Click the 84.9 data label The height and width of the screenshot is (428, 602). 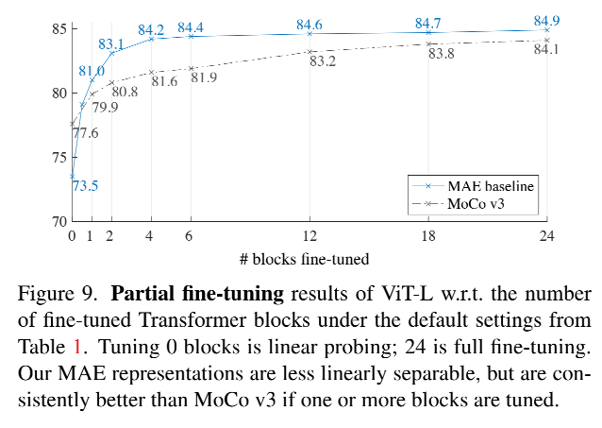[x=547, y=19]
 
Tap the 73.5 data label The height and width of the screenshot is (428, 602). [x=85, y=185]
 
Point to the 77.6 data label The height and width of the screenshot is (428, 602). [x=86, y=134]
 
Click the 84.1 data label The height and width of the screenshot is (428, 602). [x=546, y=49]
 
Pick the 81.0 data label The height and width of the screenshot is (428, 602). [x=91, y=71]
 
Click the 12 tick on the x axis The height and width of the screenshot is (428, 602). [x=309, y=235]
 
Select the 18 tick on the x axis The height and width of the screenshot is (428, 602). [x=428, y=235]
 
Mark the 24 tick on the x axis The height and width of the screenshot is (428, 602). [x=546, y=235]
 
